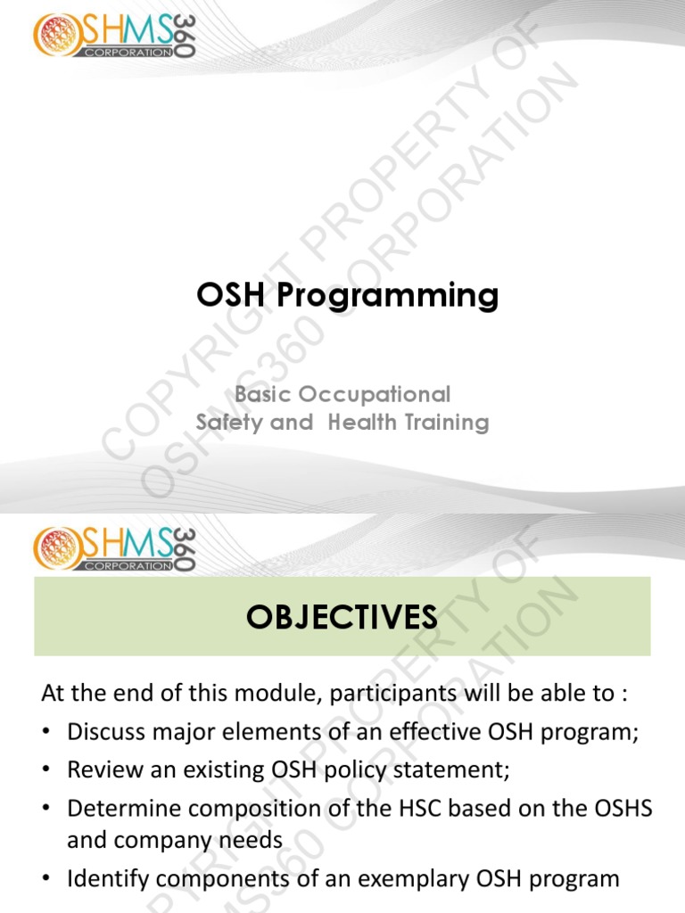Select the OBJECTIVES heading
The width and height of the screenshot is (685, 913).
click(x=342, y=616)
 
